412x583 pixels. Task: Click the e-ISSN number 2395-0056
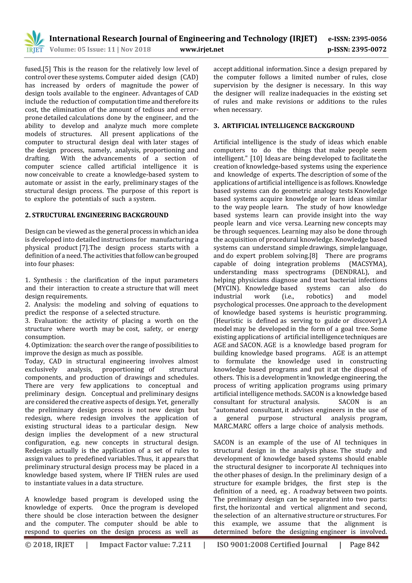point(369,39)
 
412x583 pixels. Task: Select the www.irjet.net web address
point(202,50)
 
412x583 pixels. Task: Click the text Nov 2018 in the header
point(136,50)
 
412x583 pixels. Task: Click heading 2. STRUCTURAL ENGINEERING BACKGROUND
point(97,215)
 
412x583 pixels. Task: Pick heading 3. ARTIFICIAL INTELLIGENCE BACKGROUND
point(284,126)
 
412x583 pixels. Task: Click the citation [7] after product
point(84,248)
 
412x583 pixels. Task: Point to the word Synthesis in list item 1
point(48,280)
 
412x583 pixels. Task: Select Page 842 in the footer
point(365,545)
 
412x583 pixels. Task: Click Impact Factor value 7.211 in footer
point(145,545)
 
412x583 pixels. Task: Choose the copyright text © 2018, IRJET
point(49,545)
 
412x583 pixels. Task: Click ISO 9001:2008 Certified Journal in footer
point(272,545)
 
